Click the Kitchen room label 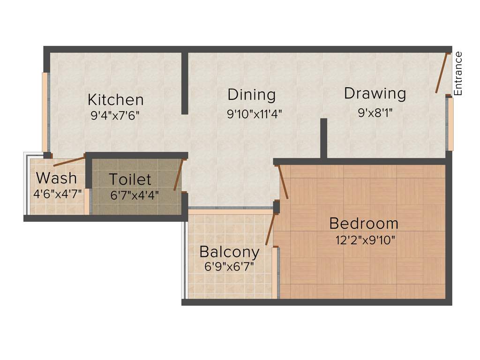tap(116, 99)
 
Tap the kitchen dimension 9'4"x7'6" tap(115, 115)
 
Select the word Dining tap(251, 94)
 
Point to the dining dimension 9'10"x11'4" tap(254, 114)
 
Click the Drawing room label tap(375, 93)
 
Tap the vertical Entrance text tap(458, 74)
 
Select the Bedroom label tap(364, 223)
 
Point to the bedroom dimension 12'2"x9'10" tap(366, 240)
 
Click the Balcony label tap(229, 252)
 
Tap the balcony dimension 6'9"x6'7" tap(229, 267)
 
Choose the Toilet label tap(130, 179)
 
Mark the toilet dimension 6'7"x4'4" tap(135, 195)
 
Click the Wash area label tap(57, 178)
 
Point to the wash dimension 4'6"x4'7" tap(57, 193)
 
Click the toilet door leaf tap(178, 175)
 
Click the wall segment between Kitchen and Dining tap(185, 83)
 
